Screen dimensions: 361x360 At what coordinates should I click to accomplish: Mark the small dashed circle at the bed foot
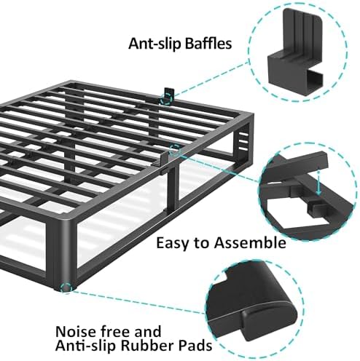(x=68, y=288)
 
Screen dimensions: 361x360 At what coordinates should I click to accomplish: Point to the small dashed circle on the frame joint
(x=175, y=149)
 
